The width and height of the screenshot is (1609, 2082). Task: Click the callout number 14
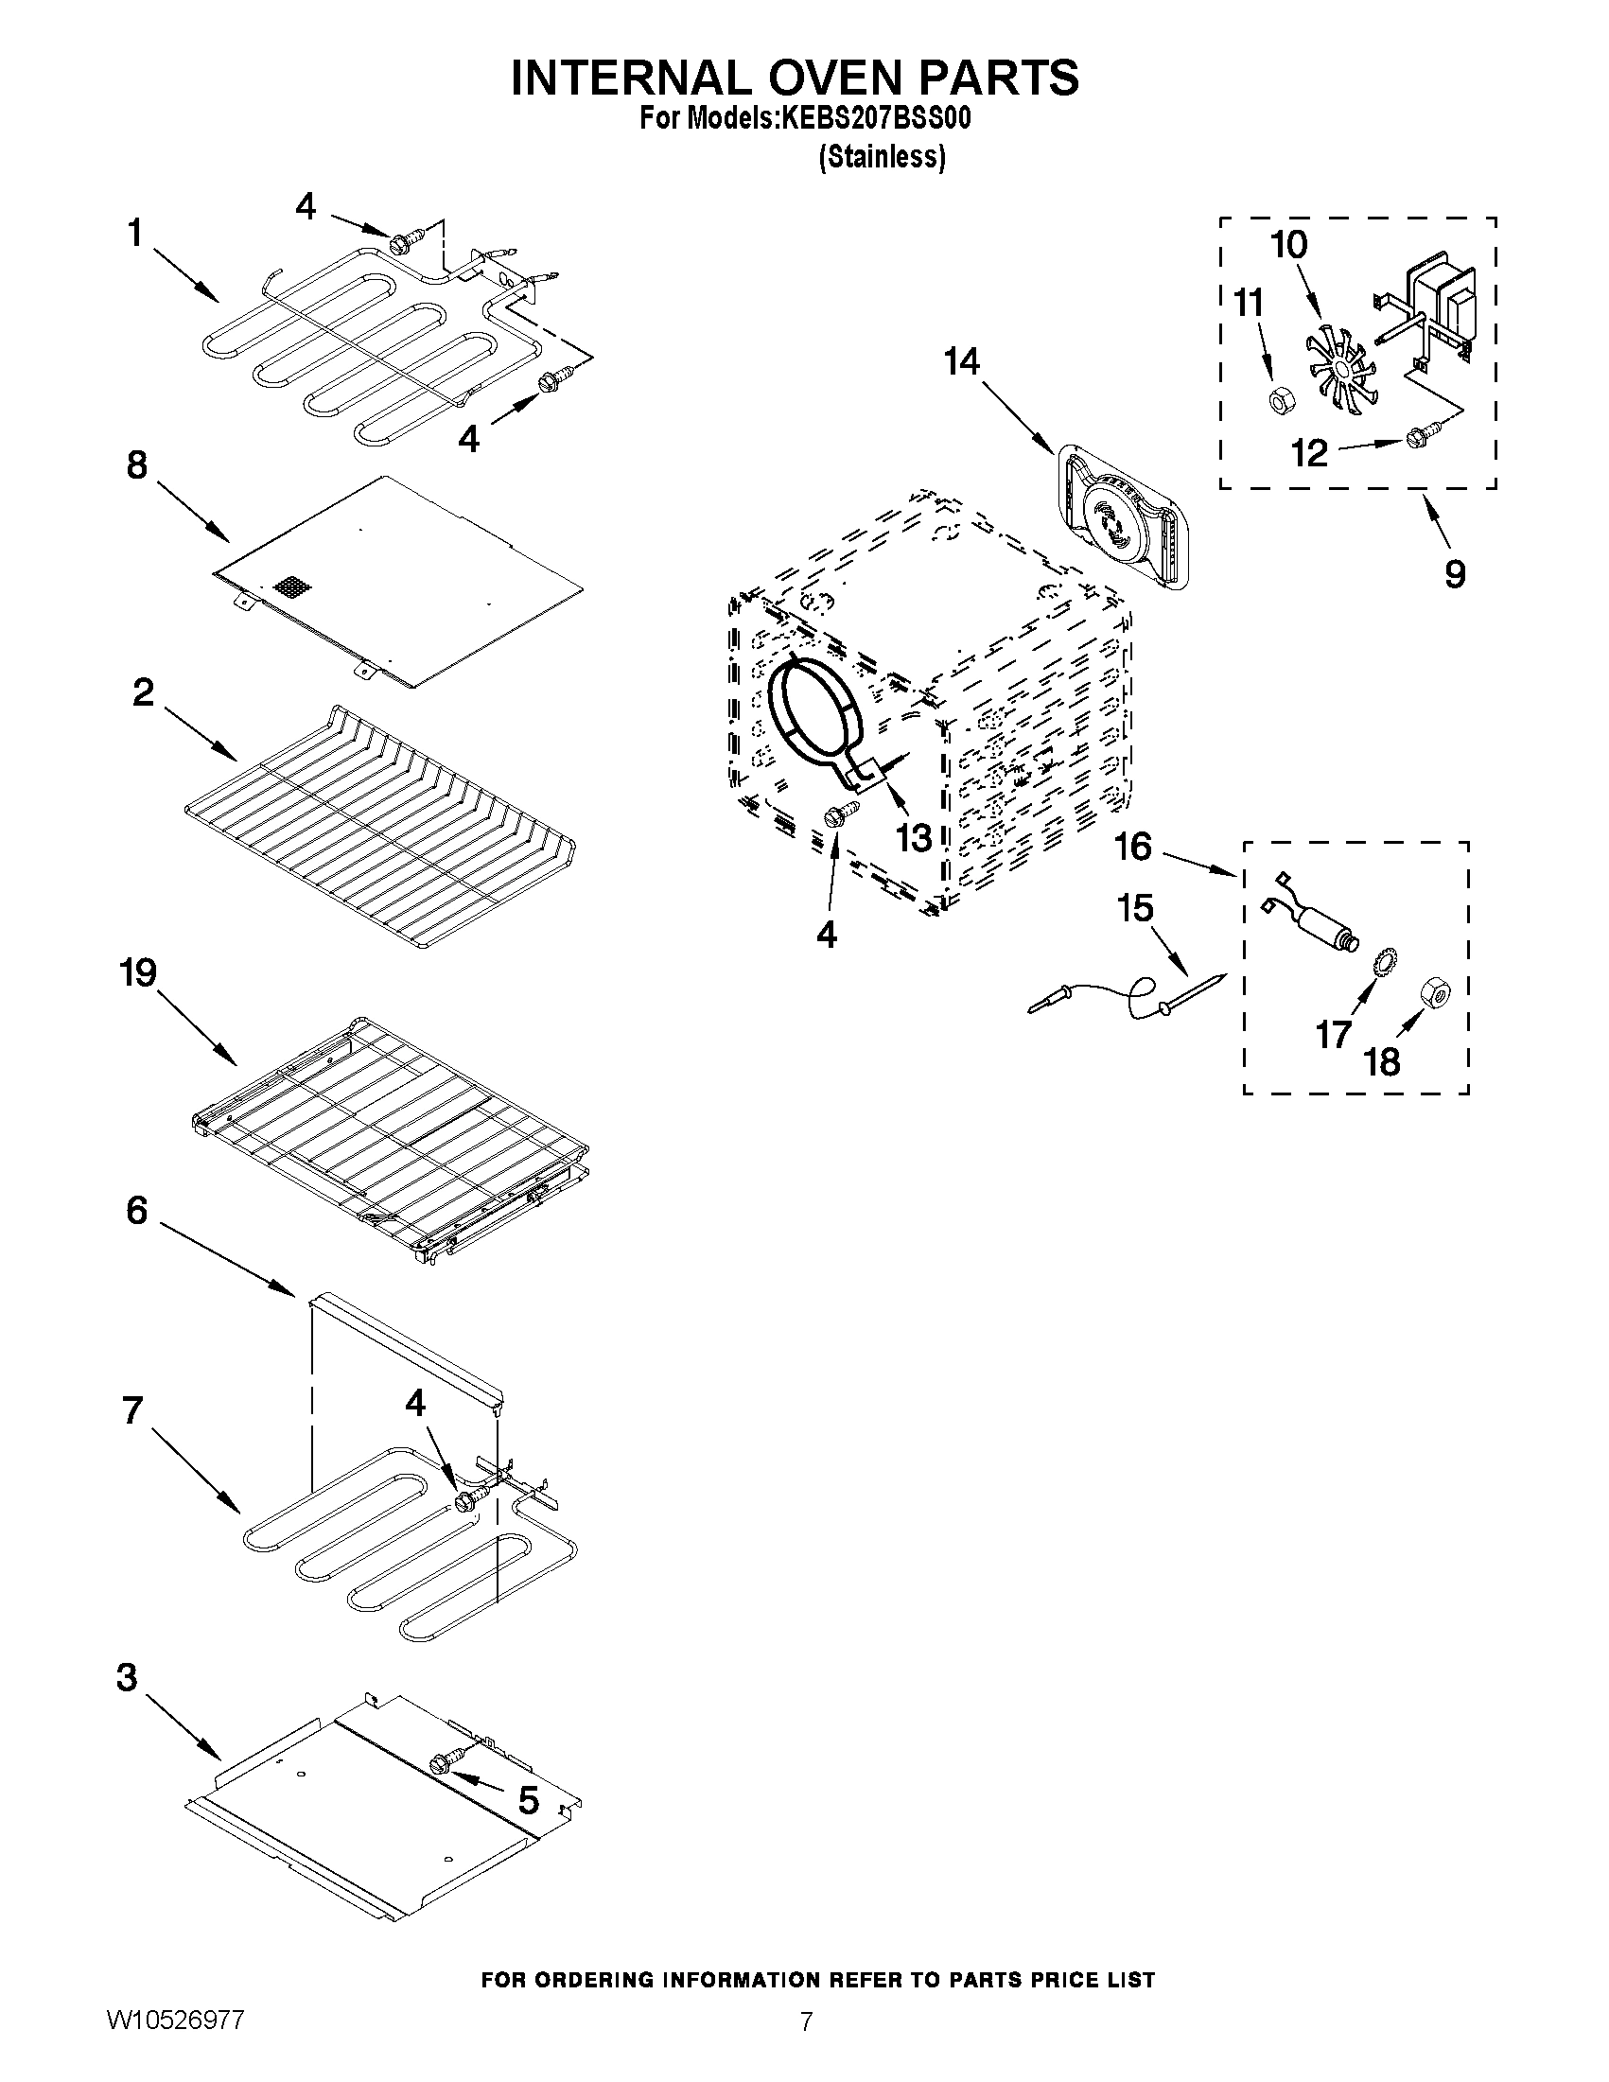point(962,362)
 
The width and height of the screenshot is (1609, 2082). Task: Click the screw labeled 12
point(1416,439)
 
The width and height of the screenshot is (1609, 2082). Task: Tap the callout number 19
point(138,973)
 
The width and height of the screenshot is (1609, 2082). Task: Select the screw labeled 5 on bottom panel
point(445,1762)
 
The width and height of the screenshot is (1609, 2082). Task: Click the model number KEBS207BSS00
point(875,119)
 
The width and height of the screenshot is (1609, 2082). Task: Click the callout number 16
point(1132,847)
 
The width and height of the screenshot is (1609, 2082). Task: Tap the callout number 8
point(138,465)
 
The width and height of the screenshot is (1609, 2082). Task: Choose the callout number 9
point(1454,574)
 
